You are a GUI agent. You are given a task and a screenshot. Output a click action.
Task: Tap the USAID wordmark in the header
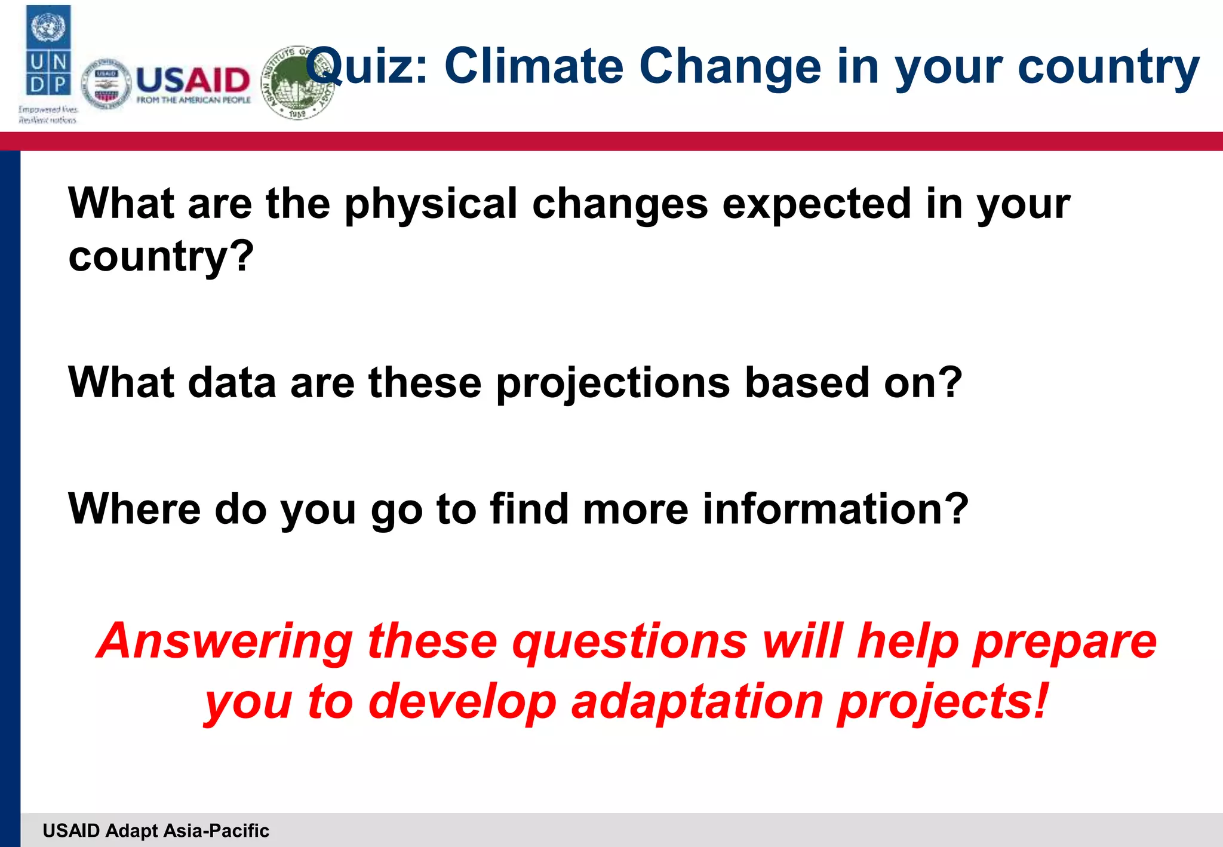[192, 80]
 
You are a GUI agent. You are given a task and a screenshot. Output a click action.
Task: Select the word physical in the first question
[431, 204]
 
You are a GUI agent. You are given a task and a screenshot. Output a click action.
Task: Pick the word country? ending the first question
[161, 257]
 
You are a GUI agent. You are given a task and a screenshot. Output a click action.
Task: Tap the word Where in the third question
[134, 509]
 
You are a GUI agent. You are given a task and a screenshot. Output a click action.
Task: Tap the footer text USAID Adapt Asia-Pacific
[156, 830]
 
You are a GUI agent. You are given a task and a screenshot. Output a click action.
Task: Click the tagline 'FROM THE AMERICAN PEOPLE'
[193, 100]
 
